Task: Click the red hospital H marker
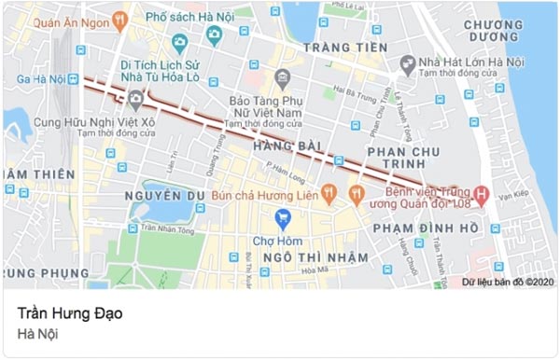(x=481, y=196)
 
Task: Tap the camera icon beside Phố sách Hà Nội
(x=214, y=35)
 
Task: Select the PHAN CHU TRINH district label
(x=409, y=159)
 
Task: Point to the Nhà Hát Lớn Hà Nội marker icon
(x=407, y=64)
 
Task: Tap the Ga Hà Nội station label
(x=35, y=77)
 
